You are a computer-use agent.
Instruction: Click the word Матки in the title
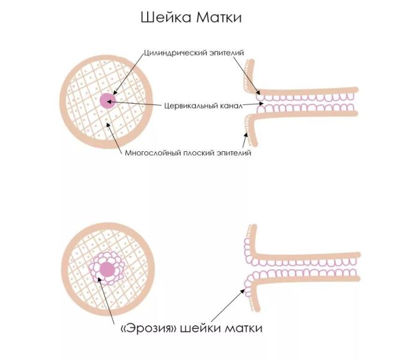pyautogui.click(x=221, y=17)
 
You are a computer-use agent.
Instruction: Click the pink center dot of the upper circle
pyautogui.click(x=107, y=100)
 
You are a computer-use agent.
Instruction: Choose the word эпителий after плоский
pyautogui.click(x=232, y=152)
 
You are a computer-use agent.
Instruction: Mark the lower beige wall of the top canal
pyautogui.click(x=312, y=116)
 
